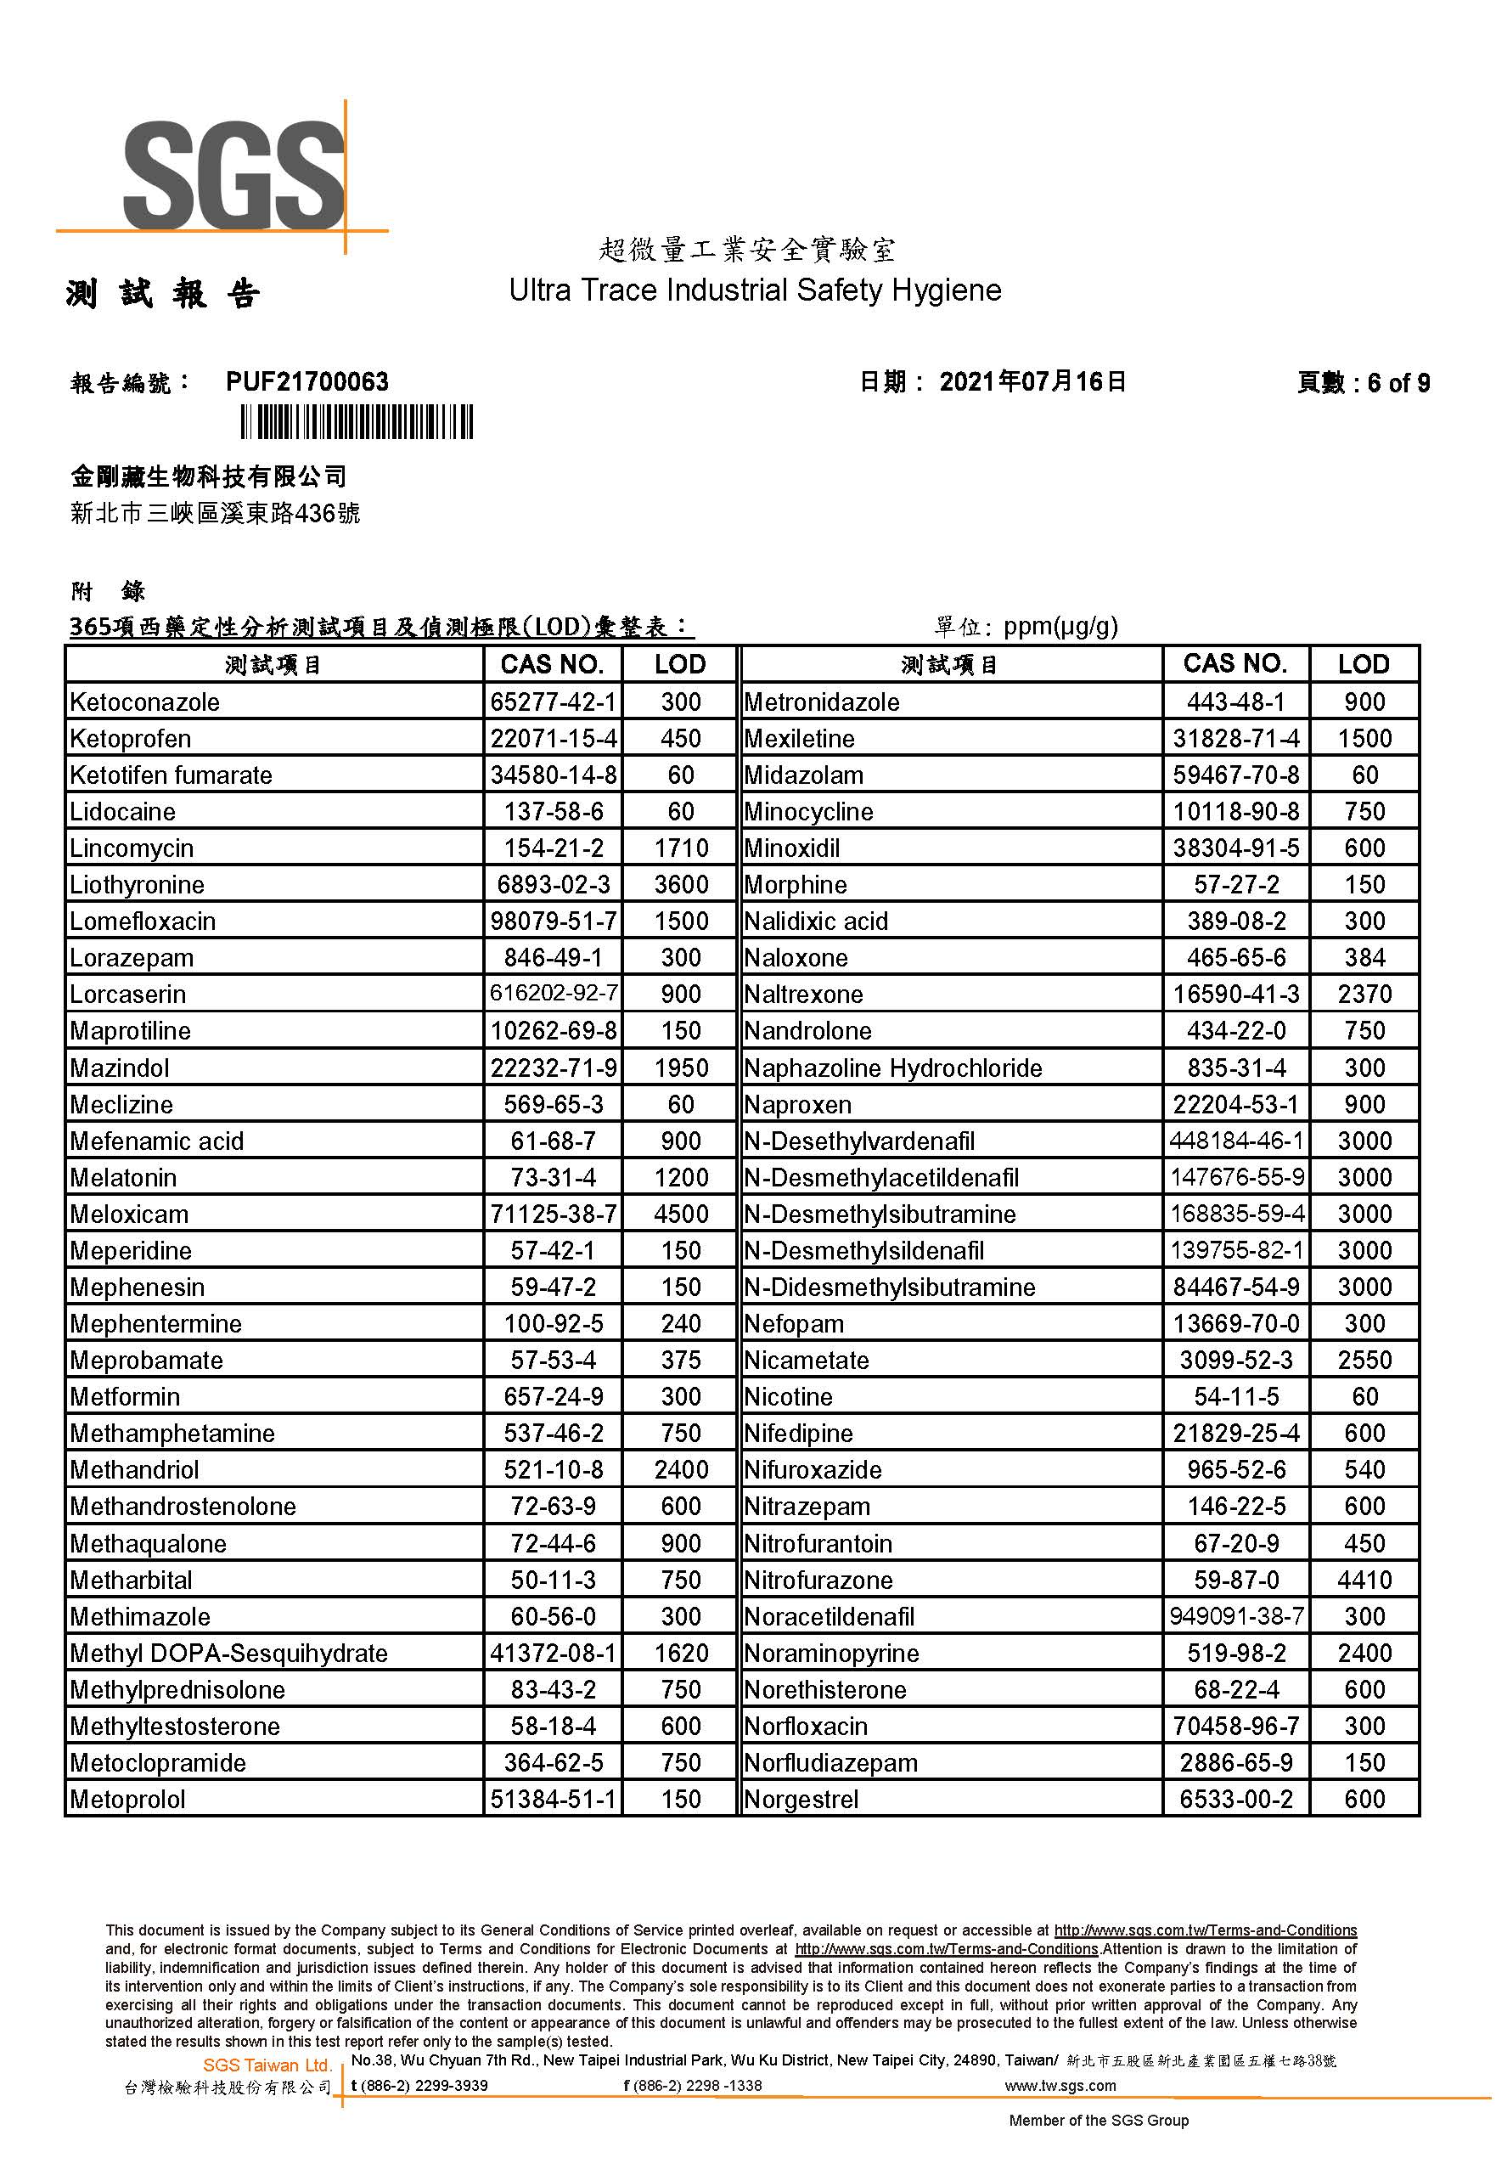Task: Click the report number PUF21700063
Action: point(307,381)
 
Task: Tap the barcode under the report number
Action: point(357,422)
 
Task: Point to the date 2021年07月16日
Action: point(1031,381)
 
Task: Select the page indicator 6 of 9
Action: point(1397,382)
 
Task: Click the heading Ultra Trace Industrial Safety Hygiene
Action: point(755,290)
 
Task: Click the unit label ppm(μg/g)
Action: point(1060,626)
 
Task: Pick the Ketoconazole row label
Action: point(145,702)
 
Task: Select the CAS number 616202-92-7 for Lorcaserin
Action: point(553,993)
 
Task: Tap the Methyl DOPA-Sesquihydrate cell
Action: point(228,1652)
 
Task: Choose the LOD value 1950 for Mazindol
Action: point(681,1067)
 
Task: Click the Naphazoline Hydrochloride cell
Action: point(892,1067)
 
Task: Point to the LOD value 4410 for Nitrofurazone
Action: point(1364,1579)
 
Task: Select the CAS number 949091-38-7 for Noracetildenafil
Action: point(1235,1615)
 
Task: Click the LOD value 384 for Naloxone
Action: point(1364,957)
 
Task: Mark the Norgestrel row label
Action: point(801,1798)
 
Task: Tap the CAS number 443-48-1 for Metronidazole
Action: point(1235,702)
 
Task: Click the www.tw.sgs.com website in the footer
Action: point(1060,2085)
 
